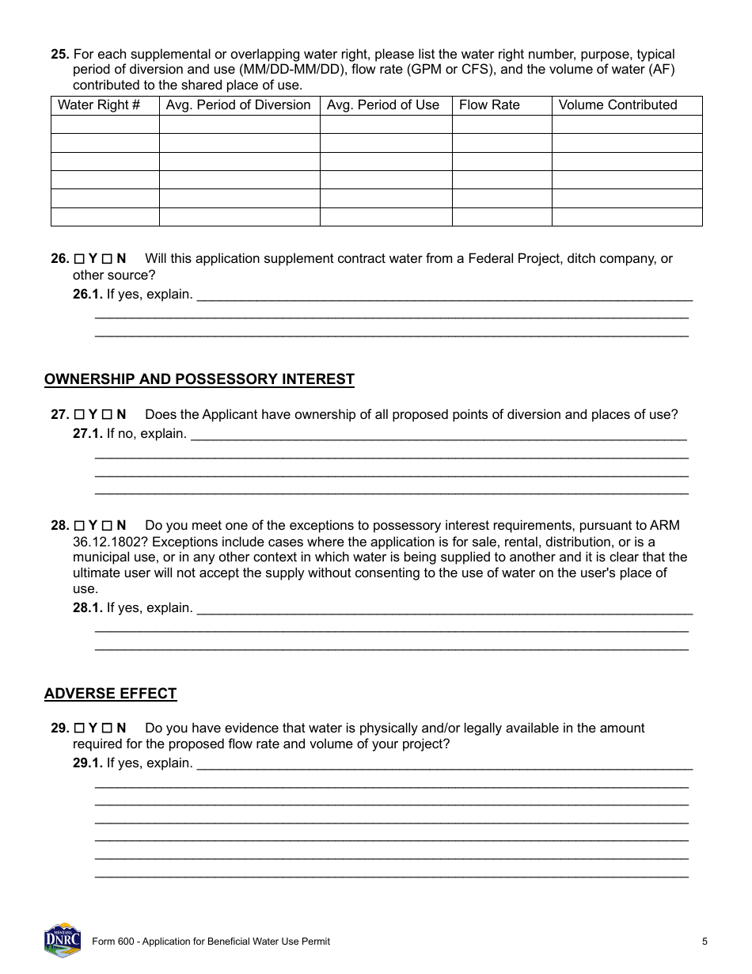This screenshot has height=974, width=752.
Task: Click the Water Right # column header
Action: click(99, 105)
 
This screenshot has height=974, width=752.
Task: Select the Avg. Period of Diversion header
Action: click(238, 105)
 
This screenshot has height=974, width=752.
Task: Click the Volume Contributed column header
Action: click(617, 105)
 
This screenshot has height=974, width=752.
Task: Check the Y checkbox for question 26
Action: click(79, 259)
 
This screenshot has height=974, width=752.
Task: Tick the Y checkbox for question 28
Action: click(79, 526)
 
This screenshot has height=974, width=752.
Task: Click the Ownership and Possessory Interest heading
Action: click(199, 379)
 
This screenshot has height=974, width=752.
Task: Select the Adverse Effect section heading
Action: click(110, 694)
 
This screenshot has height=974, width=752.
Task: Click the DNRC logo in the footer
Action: click(63, 940)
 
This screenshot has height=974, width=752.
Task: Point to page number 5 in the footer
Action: click(704, 942)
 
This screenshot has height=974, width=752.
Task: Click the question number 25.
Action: click(59, 55)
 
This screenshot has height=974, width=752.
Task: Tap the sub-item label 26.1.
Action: click(88, 295)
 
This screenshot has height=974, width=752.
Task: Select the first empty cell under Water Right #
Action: click(104, 124)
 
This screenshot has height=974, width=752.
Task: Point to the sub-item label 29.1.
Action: click(88, 763)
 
